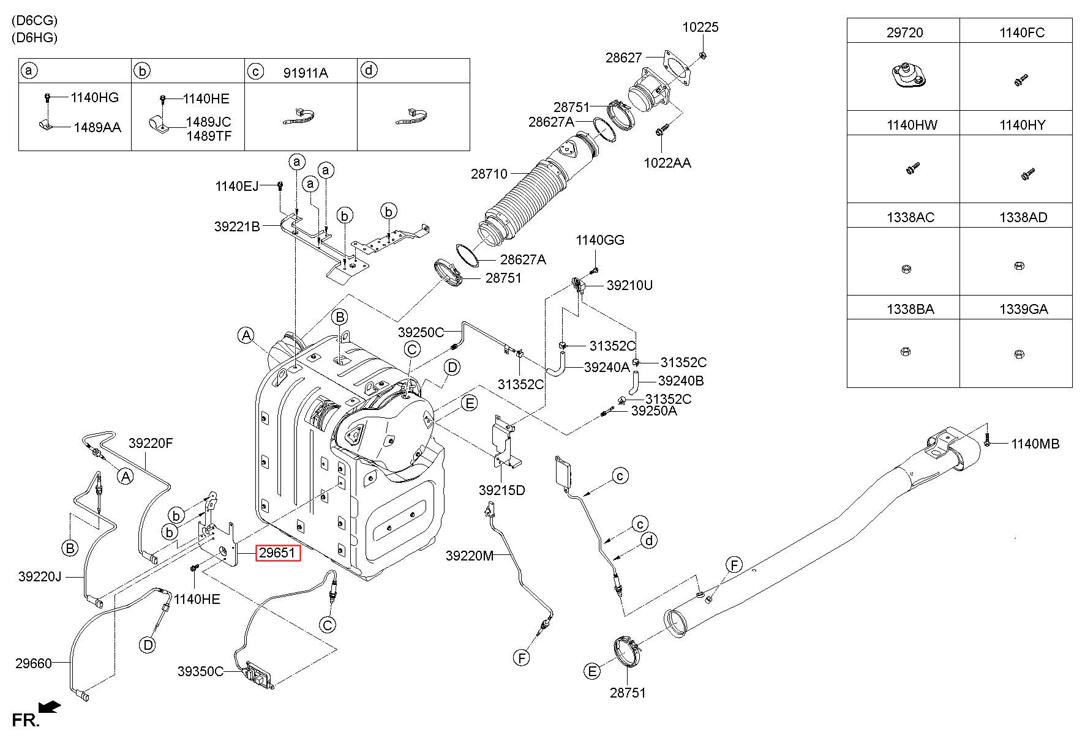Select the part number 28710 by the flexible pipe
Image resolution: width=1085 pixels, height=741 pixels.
click(489, 174)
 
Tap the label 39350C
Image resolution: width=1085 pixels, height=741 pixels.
click(201, 671)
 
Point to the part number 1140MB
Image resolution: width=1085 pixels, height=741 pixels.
click(1035, 444)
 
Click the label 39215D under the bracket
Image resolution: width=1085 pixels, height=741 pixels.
click(502, 490)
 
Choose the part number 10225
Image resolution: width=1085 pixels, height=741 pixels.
click(701, 27)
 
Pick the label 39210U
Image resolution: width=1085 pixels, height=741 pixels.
click(629, 285)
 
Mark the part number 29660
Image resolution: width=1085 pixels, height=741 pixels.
click(34, 663)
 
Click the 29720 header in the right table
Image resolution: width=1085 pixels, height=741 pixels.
click(904, 32)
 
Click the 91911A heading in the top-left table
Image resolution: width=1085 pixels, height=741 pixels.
click(306, 73)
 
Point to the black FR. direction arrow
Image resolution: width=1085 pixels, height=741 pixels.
click(50, 706)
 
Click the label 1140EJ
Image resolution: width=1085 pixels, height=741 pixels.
click(236, 186)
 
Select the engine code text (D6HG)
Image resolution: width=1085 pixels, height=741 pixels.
click(34, 37)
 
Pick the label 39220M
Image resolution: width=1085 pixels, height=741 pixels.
click(470, 556)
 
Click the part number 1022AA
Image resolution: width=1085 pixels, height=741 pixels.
click(667, 163)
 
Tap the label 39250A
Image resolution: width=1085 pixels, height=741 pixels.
click(654, 411)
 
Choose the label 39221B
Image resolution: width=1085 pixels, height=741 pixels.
click(237, 226)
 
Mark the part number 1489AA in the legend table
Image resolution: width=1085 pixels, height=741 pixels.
click(97, 128)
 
